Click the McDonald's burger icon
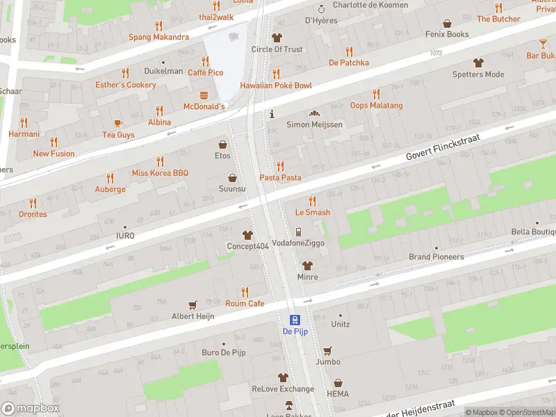click(204, 95)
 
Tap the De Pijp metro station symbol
click(295, 320)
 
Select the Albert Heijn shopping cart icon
click(193, 304)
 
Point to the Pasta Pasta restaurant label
click(281, 178)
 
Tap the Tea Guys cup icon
click(118, 123)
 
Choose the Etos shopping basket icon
click(222, 145)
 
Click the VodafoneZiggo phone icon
click(298, 232)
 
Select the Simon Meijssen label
click(314, 124)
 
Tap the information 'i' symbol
click(272, 113)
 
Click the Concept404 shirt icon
click(247, 236)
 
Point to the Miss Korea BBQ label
click(161, 172)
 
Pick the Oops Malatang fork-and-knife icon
click(376, 94)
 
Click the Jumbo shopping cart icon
click(328, 350)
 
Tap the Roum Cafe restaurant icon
click(245, 292)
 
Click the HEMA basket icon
click(338, 383)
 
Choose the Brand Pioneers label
click(436, 257)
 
